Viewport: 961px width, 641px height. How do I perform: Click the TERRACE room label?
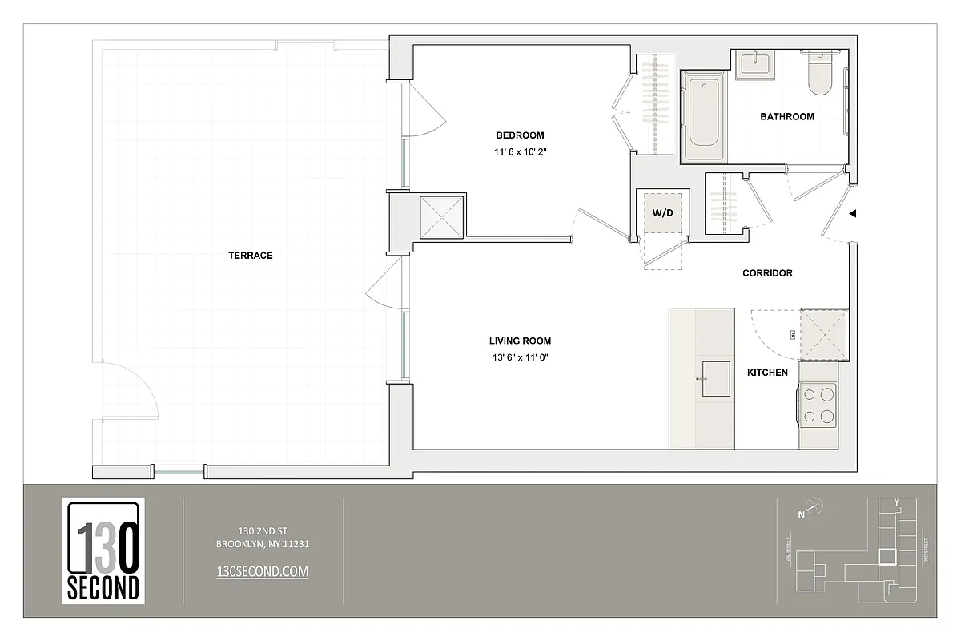[250, 256]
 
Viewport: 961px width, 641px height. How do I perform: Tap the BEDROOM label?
[519, 135]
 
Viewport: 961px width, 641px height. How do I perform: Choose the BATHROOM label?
[786, 117]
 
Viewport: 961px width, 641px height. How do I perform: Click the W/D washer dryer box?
[662, 214]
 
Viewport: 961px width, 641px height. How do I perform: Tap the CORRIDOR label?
[767, 273]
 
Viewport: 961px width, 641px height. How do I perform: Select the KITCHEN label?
[767, 373]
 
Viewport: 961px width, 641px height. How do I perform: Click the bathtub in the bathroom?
[702, 117]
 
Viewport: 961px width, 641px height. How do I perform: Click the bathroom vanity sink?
[754, 63]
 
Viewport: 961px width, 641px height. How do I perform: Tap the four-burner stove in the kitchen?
[818, 405]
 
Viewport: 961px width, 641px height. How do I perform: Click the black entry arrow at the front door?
[854, 214]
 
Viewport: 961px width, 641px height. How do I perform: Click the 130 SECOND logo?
[103, 550]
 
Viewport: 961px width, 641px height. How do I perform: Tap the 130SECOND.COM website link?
[263, 571]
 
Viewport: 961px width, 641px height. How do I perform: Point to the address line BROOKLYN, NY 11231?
[263, 544]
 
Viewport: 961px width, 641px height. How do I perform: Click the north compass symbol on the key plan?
[814, 506]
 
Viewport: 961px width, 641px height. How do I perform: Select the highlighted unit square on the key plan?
[887, 557]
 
